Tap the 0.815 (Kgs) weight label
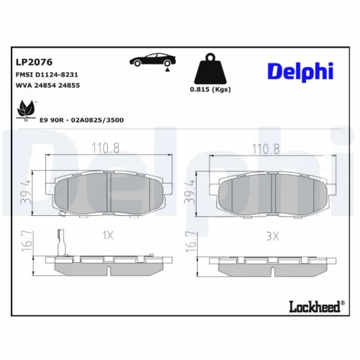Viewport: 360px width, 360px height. [x=210, y=89]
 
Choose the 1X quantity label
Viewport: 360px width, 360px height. [x=108, y=235]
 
